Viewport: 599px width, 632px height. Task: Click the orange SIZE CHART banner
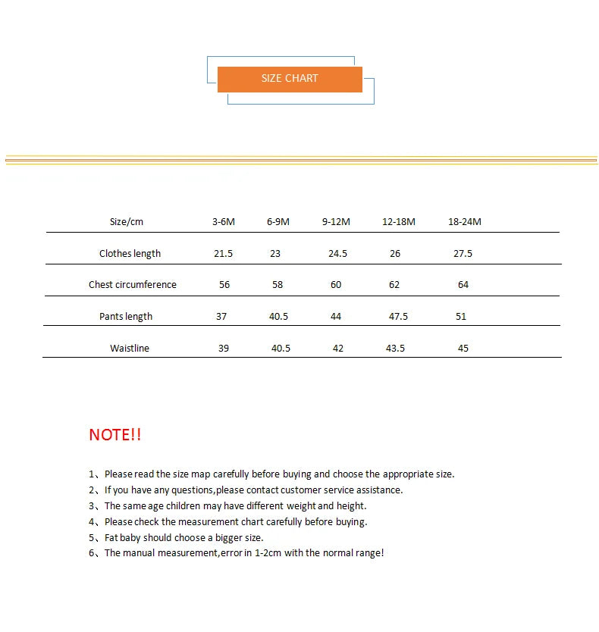(290, 79)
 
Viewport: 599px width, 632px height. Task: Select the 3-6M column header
(224, 222)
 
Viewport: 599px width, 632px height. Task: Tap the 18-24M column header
(465, 222)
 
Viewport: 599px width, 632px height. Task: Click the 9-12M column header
(336, 222)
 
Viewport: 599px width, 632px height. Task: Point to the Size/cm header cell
(127, 222)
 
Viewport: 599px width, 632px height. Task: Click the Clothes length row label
(130, 254)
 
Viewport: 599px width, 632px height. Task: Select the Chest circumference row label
(133, 285)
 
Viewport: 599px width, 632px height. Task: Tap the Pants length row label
(126, 317)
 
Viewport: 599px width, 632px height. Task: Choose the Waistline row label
(130, 349)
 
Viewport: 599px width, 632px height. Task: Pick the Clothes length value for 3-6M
(224, 254)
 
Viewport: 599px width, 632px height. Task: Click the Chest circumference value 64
(463, 285)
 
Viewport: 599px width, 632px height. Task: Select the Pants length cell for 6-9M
(279, 317)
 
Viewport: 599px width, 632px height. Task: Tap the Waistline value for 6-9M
(281, 349)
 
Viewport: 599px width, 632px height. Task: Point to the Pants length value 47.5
(398, 317)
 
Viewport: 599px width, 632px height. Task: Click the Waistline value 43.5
(395, 349)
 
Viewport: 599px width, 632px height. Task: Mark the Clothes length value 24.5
(337, 254)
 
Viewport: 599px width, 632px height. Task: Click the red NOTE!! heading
(115, 435)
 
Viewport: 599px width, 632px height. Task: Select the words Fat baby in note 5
(123, 537)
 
